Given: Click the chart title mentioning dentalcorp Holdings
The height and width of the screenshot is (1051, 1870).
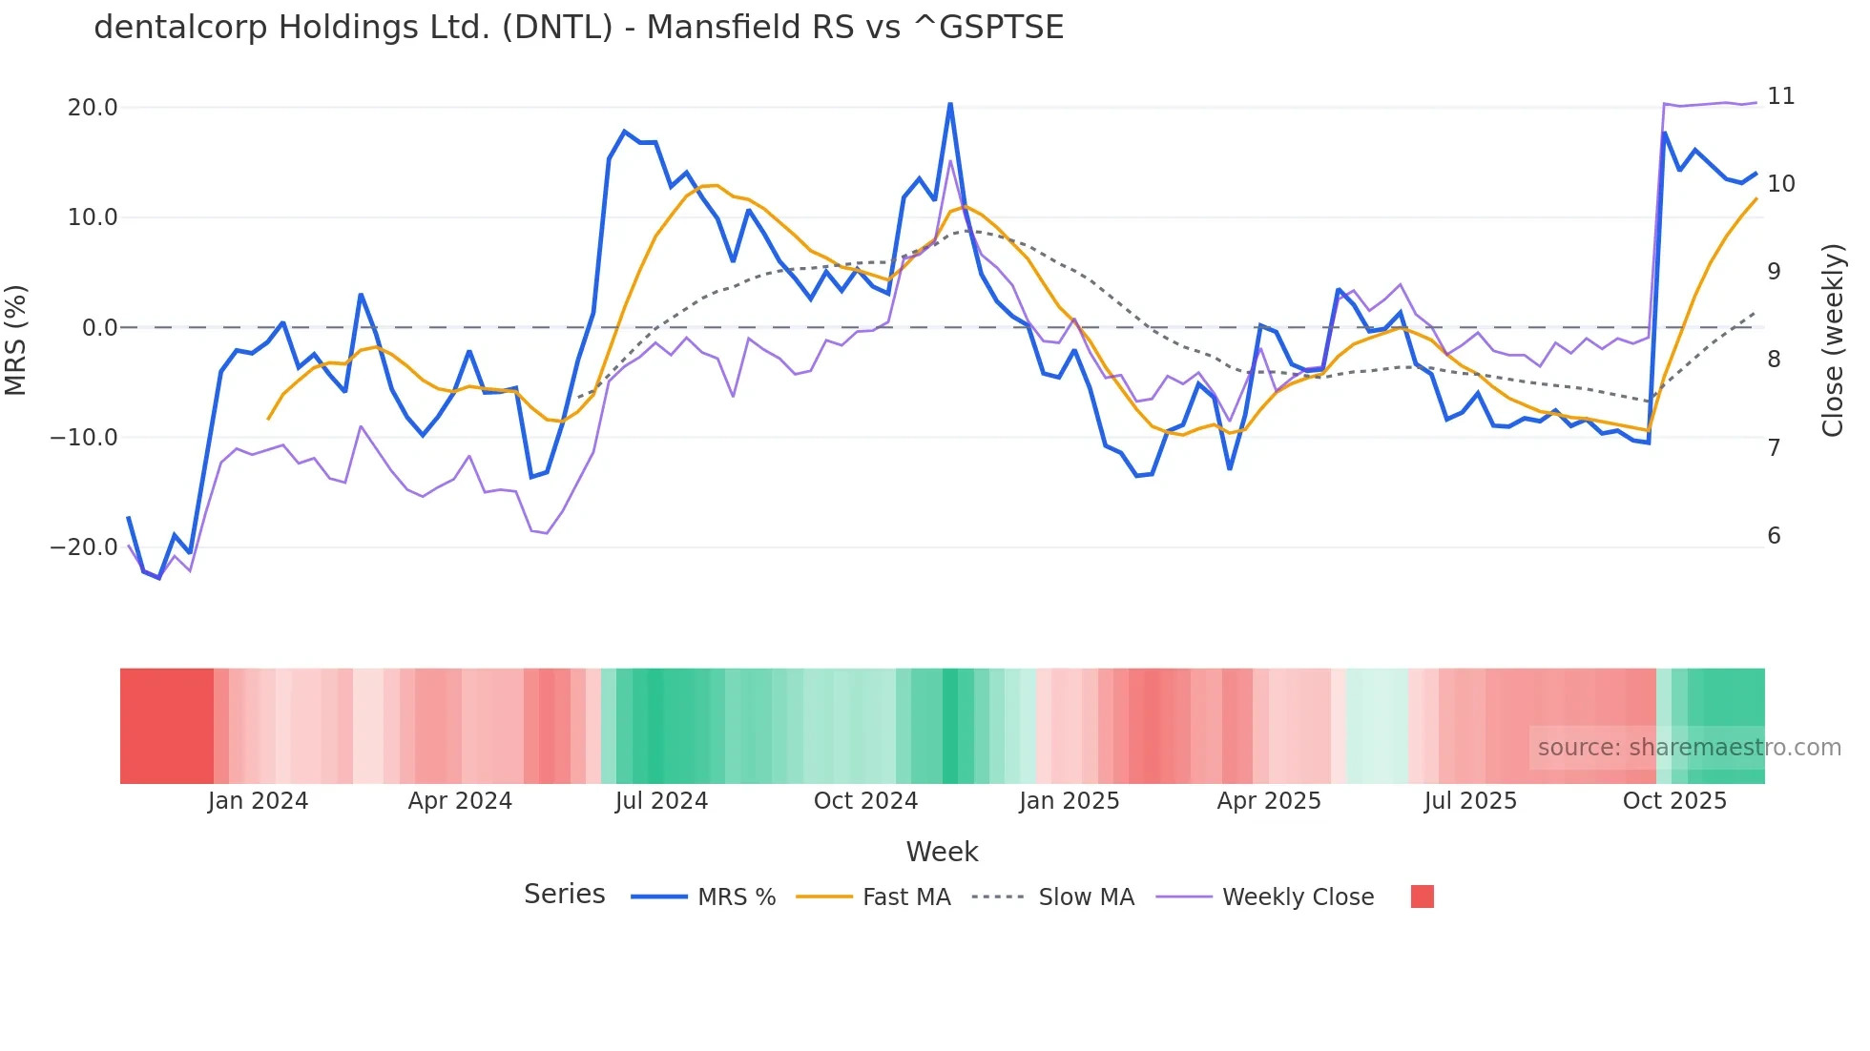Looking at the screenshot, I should (x=578, y=27).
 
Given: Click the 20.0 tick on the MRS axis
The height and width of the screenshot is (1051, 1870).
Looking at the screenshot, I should (x=93, y=108).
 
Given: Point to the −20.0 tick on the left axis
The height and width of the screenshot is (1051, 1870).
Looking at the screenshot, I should (x=84, y=547).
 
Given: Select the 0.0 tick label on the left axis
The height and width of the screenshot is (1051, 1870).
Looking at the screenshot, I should (x=99, y=328).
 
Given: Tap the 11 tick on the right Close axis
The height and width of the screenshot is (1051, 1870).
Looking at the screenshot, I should (x=1780, y=96).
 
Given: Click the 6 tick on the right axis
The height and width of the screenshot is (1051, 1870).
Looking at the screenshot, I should (x=1774, y=536).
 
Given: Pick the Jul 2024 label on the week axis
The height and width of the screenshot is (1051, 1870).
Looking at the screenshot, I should (x=661, y=801).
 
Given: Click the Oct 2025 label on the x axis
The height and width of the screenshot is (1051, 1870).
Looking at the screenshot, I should (x=1674, y=801).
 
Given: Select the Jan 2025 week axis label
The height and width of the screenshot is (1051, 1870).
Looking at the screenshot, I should (x=1069, y=801).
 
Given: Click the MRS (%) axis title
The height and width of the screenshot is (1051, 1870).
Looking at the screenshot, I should (x=16, y=340).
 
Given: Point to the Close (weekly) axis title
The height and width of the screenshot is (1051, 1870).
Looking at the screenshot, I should (x=1833, y=340).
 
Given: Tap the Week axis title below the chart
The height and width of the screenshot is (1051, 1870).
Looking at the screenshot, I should (x=942, y=852).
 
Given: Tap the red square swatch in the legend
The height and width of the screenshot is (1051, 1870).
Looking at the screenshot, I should (x=1422, y=896).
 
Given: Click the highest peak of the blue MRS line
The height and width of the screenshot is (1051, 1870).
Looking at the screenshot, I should (x=950, y=104).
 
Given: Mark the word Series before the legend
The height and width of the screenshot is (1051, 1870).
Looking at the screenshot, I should (x=564, y=895).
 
